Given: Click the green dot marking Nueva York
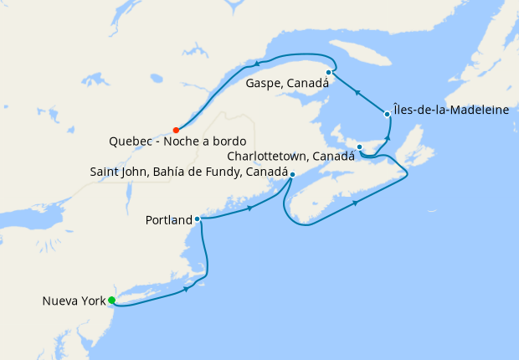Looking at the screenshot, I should coord(111,301).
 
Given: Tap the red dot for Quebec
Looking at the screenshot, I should coord(176,130).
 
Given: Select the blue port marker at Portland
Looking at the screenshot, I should coord(198,219).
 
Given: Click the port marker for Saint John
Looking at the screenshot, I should coord(292,174).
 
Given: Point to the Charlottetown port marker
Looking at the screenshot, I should coord(359,147).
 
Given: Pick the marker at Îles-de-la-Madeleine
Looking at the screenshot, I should coord(387,114).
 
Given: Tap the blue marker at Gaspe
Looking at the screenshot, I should coord(329,73).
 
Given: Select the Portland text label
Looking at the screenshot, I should coord(167,220).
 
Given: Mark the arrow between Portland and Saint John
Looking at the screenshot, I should coord(251,208).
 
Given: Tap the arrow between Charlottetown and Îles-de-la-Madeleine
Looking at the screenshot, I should coord(388,136).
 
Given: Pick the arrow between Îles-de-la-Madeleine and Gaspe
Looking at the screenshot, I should coord(357,93).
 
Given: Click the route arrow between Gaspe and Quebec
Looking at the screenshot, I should coord(257,63).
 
